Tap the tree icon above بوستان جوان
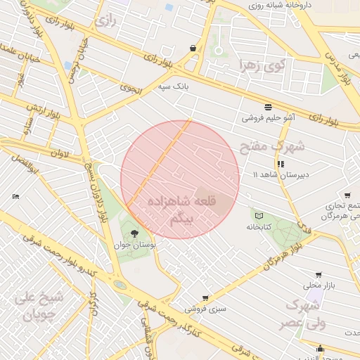(134, 233)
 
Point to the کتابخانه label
(259, 227)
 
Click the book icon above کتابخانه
(259, 215)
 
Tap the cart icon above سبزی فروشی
(205, 298)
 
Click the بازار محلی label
(316, 285)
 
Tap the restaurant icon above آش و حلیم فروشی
(268, 107)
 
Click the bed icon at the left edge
(16, 196)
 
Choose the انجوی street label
(131, 89)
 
